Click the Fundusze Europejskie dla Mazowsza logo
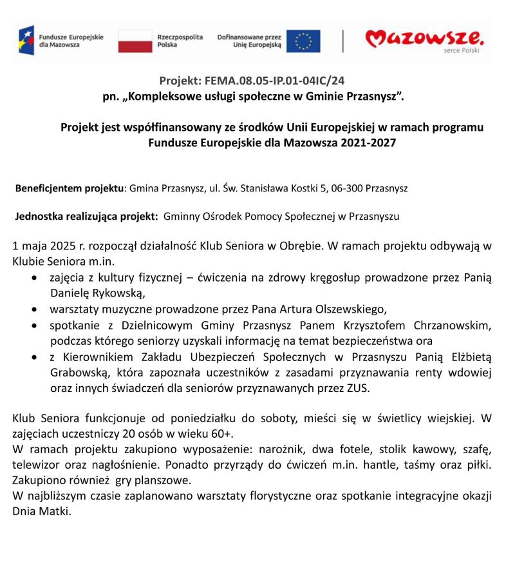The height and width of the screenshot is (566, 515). click(x=61, y=41)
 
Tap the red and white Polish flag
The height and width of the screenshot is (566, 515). click(x=135, y=41)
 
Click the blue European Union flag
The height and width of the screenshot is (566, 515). click(x=303, y=41)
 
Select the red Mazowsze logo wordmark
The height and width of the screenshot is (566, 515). click(x=424, y=39)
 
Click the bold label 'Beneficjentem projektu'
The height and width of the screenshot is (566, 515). click(x=69, y=189)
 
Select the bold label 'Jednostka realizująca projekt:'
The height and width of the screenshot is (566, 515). click(x=86, y=217)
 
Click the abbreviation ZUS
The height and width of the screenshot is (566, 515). click(x=356, y=388)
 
